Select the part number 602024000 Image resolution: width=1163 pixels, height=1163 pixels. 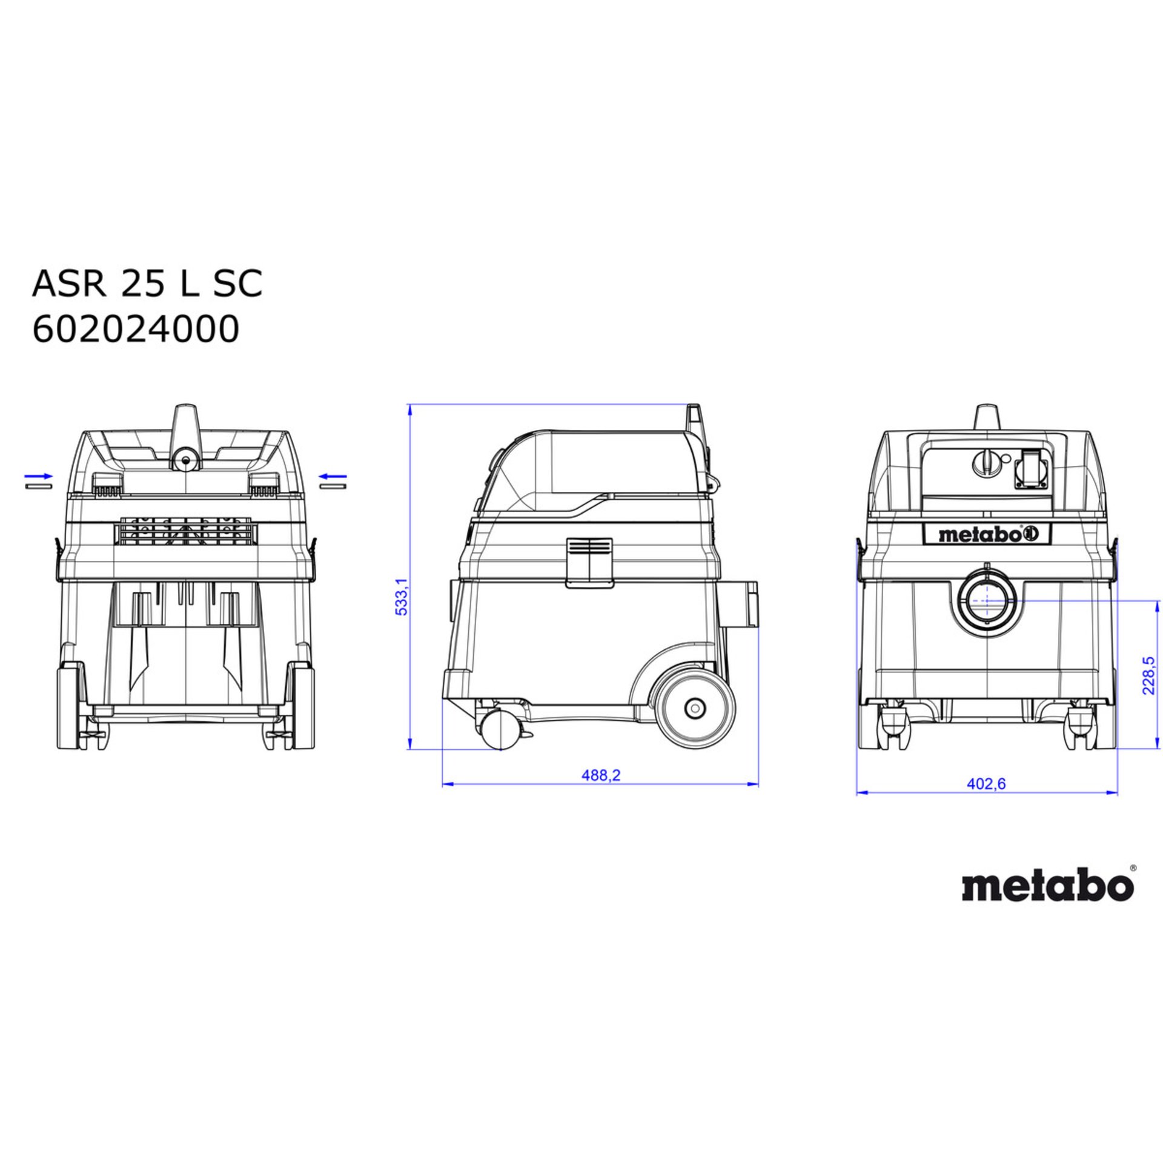point(136,330)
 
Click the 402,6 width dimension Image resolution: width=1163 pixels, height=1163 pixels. point(986,784)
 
